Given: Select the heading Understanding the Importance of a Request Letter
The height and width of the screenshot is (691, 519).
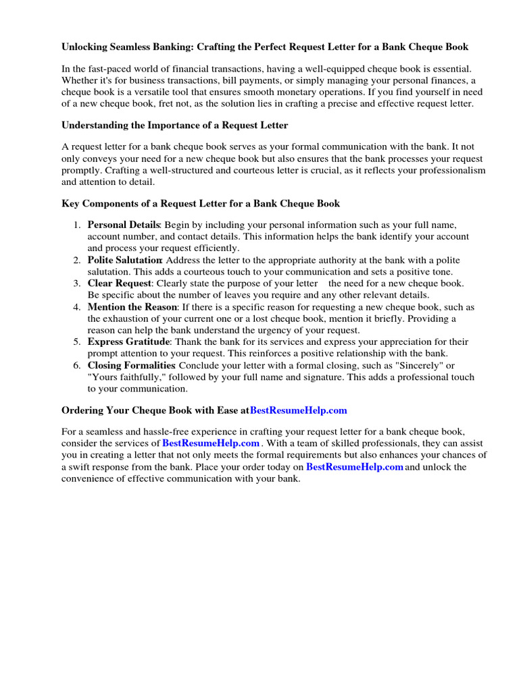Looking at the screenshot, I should point(175,125).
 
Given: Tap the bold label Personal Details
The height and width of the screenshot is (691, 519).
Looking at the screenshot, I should point(124,225).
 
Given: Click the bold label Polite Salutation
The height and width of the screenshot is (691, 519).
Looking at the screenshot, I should point(124,260).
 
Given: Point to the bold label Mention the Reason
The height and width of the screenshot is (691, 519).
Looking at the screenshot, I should point(132,307).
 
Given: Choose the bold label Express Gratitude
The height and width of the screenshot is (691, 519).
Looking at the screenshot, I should point(128,342).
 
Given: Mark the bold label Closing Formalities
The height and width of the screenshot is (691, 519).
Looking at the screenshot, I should point(127,365).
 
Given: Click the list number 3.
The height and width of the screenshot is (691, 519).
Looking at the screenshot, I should point(77,283).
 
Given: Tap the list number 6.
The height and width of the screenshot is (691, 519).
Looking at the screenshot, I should point(77,365).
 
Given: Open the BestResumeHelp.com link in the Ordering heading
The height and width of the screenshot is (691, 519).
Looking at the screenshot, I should point(298,410).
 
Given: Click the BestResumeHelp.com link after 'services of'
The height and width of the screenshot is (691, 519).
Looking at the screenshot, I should point(211,443).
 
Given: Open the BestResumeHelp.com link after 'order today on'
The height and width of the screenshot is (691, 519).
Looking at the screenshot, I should point(354,467).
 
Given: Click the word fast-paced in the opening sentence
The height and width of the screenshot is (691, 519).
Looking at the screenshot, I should point(112,69).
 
